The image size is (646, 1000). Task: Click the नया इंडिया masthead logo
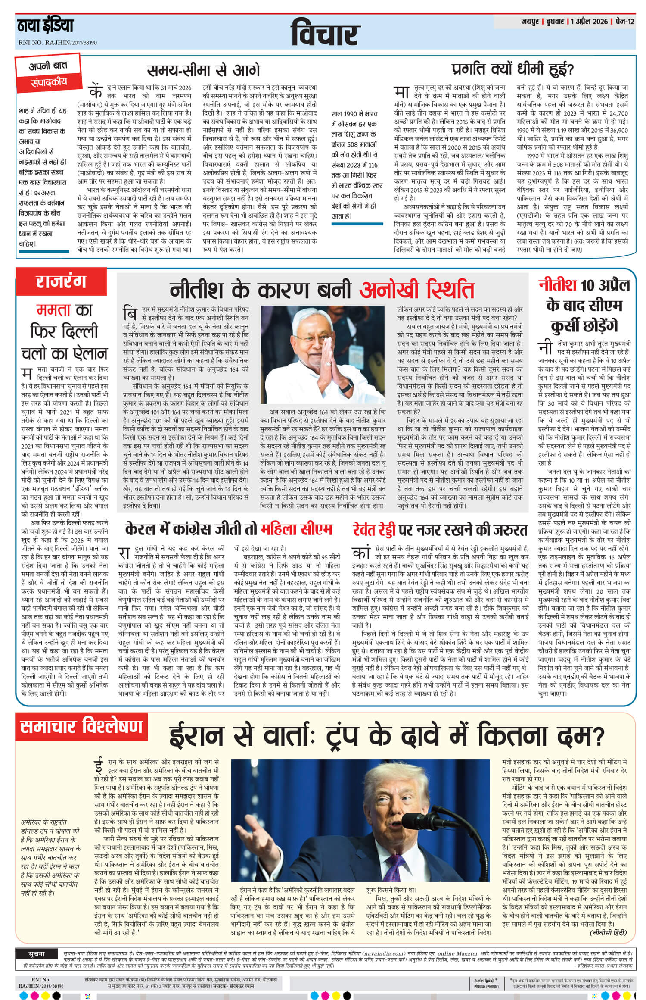point(45,26)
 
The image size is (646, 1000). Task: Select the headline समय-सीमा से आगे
point(203,70)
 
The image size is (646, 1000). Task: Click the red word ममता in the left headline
point(53,309)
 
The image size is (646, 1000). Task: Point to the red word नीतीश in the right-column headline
point(557,285)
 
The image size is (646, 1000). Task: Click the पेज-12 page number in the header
point(626,21)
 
